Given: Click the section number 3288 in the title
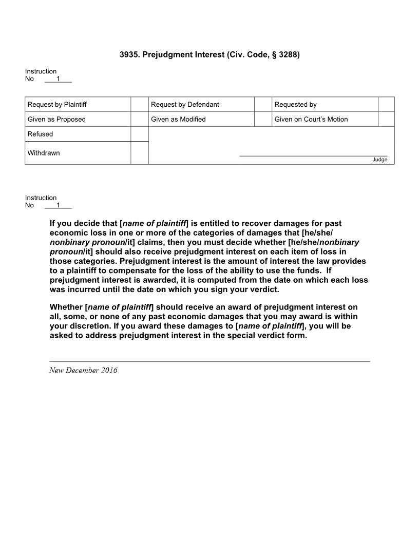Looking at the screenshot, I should [x=286, y=54].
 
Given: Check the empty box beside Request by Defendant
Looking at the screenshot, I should [x=262, y=105].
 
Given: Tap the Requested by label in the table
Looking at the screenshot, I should [x=295, y=105].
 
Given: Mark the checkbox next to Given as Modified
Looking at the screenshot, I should [x=262, y=120].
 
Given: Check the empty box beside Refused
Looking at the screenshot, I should [x=139, y=134].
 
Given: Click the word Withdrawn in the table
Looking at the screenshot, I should [x=44, y=153].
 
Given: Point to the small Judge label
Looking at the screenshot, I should [x=379, y=160].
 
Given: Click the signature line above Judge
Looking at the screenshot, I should [x=313, y=155].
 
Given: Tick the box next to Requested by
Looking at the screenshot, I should [x=386, y=105].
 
